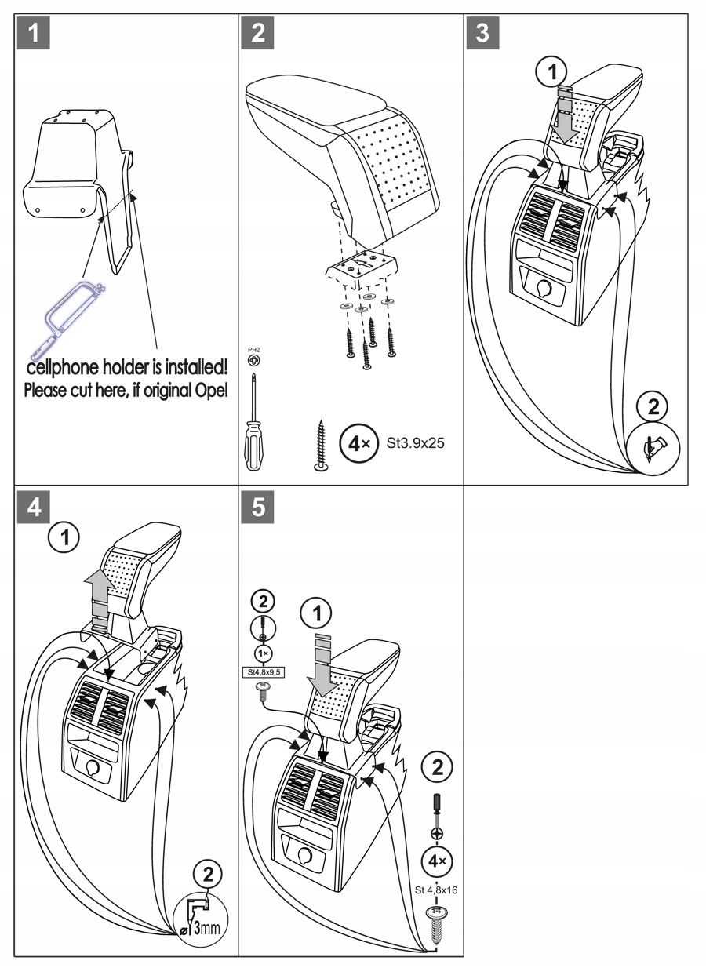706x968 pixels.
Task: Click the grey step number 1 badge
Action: point(33,33)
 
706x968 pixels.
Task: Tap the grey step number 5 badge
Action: point(257,507)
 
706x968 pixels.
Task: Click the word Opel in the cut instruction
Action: point(211,390)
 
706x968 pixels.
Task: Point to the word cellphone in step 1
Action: point(63,368)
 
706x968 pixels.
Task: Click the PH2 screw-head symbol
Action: point(254,359)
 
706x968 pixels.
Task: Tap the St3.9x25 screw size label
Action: point(415,443)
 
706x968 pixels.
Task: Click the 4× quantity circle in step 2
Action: point(358,443)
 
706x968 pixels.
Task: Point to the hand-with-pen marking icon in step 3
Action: point(654,448)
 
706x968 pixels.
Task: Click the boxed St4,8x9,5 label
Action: point(263,672)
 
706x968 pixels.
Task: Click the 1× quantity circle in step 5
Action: point(263,653)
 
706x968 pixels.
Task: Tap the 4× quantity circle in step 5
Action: point(437,861)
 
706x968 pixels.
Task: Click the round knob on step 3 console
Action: point(543,287)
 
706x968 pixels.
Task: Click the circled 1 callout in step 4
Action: point(64,538)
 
